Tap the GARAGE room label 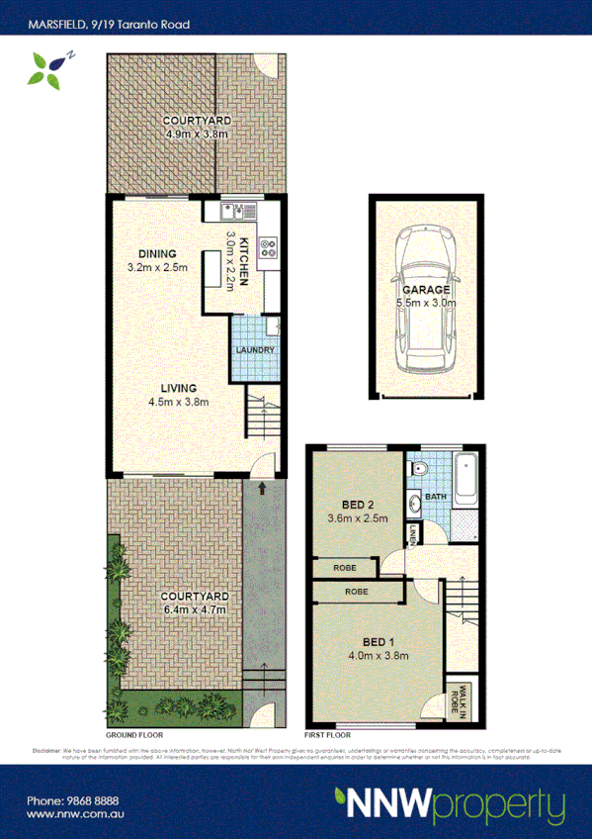pos(426,290)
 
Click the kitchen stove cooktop pos(269,249)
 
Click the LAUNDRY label pos(254,350)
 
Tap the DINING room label pos(157,253)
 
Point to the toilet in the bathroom pos(419,469)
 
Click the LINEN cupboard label pos(411,536)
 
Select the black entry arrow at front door pos(262,488)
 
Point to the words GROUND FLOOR pos(134,735)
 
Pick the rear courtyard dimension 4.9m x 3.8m pos(197,134)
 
